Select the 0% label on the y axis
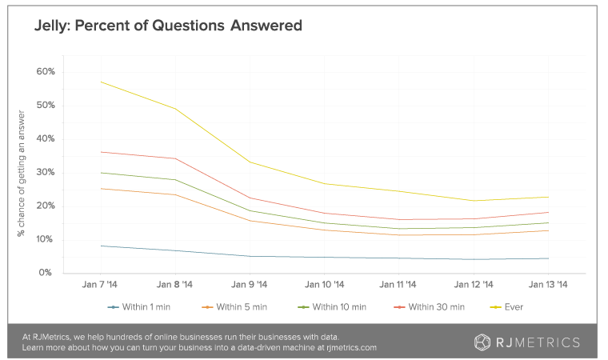(x=46, y=274)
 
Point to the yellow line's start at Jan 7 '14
(x=102, y=82)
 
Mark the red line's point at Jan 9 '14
(x=250, y=198)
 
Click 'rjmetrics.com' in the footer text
(x=350, y=349)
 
